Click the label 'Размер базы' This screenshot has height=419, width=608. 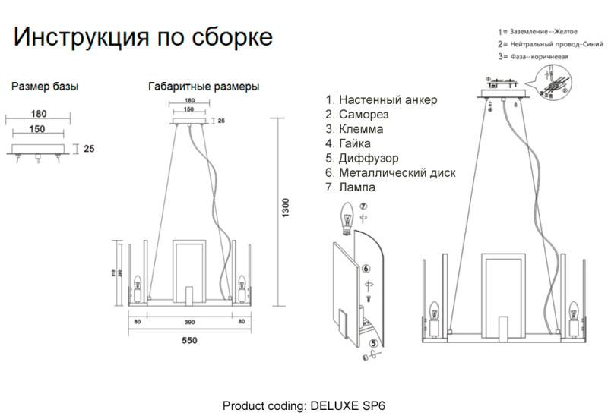[x=45, y=87]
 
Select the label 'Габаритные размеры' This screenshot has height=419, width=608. [x=204, y=87]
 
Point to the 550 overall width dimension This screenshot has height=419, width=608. [x=189, y=340]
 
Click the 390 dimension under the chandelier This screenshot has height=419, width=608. [x=189, y=323]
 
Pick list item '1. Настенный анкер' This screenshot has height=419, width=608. [x=381, y=100]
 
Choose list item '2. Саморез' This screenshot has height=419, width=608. [x=356, y=115]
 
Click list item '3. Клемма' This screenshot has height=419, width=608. [x=354, y=129]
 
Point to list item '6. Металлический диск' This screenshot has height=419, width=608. [x=390, y=172]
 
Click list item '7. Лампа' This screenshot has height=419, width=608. [x=350, y=187]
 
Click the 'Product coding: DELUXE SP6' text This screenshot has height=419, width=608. [x=309, y=405]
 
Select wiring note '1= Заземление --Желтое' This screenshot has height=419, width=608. [x=537, y=32]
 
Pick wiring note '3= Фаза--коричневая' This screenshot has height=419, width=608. [x=533, y=56]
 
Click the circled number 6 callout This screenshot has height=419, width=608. [x=366, y=268]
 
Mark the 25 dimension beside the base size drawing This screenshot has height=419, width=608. [x=89, y=149]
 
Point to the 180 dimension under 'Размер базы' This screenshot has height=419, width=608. [x=39, y=115]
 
